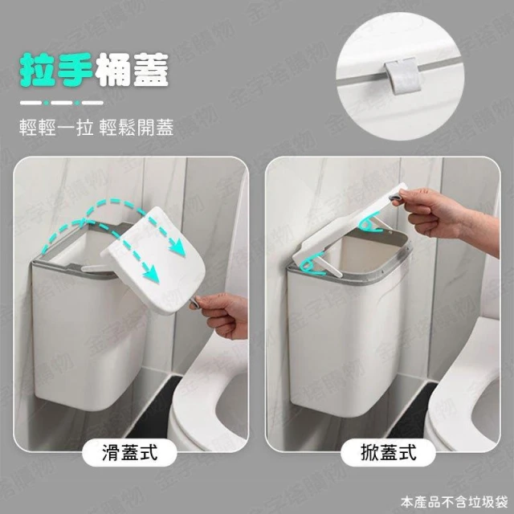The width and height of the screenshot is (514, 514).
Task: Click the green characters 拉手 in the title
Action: click(56, 70)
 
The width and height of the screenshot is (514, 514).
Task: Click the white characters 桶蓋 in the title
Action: click(132, 70)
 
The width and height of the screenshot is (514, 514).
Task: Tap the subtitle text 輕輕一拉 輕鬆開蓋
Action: click(96, 127)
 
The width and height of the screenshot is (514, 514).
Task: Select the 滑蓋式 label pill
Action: click(129, 453)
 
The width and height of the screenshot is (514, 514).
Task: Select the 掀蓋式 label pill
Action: click(388, 453)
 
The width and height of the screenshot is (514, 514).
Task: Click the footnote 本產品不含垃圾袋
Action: click(454, 502)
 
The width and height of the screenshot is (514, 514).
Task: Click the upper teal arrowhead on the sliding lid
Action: click(177, 247)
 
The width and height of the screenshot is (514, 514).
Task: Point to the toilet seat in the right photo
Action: click(466, 400)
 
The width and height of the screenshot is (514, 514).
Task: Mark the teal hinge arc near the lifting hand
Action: click(369, 222)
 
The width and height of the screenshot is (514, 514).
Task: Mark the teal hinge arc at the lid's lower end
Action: click(312, 266)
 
